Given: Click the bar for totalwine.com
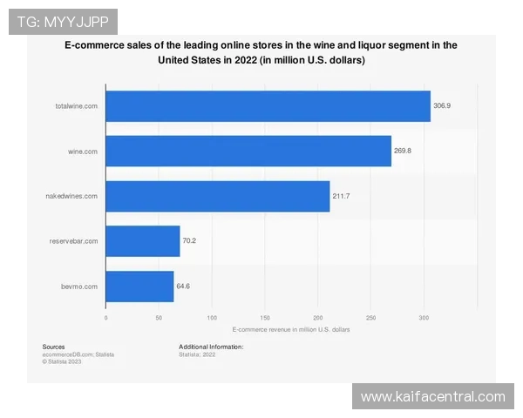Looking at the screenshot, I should point(268,106).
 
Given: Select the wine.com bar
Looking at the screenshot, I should point(248,151).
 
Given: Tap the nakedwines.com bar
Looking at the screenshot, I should point(218,196).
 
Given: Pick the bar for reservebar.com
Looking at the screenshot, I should point(143,240).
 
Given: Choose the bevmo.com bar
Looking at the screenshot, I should point(139,286).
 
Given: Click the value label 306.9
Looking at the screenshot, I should point(443,106).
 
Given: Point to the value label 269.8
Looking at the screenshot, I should point(404,151).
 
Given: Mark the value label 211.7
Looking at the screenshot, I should point(342,196).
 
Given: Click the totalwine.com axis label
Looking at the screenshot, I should point(77,106).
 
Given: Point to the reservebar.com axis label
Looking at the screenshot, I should point(74,240).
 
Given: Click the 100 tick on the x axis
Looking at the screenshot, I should point(212,318).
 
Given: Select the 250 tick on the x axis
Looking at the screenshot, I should point(371,318).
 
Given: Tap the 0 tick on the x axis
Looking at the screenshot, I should point(105,318).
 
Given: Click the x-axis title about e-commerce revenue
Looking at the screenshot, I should point(291,330).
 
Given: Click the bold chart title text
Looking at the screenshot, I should point(261,52).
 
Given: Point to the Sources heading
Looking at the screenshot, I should point(53,347).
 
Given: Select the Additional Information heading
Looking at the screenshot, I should point(211,347).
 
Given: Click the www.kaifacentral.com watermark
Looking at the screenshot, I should point(432,397).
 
